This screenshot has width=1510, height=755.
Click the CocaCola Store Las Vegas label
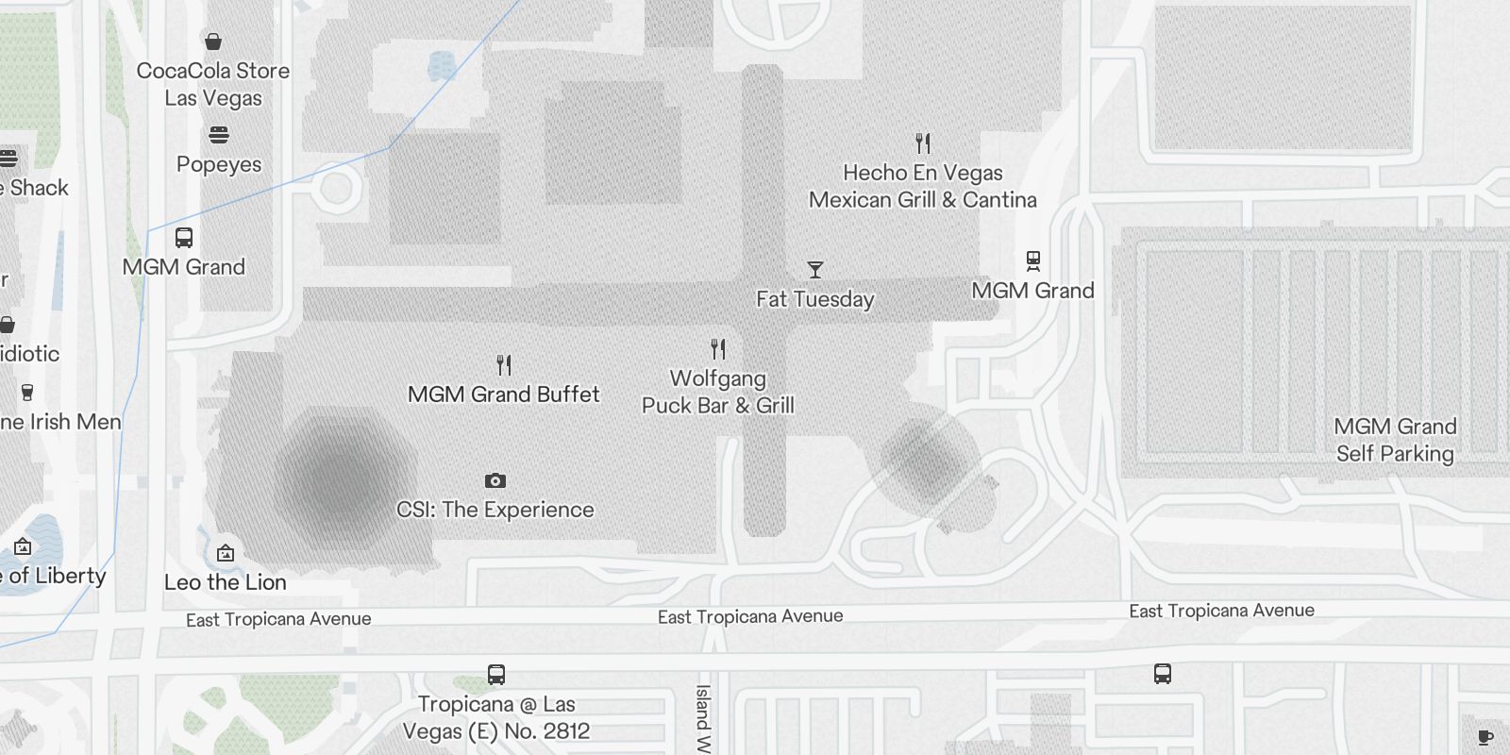(x=213, y=84)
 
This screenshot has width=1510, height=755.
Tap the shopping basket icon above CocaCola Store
(x=213, y=42)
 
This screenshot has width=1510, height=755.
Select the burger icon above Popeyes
(x=219, y=135)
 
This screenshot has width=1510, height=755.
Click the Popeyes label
(x=219, y=164)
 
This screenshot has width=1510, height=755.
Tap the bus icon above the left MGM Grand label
(x=184, y=238)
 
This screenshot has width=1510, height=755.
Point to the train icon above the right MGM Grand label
(x=1033, y=260)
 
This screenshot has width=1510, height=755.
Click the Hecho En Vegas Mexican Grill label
(x=923, y=186)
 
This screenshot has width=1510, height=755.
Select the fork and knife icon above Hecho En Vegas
(x=923, y=143)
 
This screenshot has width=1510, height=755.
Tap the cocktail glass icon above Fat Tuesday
(x=815, y=270)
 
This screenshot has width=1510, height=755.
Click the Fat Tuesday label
(x=815, y=299)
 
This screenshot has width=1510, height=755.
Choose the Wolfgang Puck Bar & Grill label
(x=718, y=392)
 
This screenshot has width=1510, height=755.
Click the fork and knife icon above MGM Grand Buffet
(x=504, y=365)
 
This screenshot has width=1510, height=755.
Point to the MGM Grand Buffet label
(x=504, y=394)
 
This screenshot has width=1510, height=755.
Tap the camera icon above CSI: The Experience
(x=495, y=481)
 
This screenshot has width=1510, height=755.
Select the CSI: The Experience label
(x=495, y=510)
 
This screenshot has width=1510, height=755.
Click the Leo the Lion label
(x=226, y=582)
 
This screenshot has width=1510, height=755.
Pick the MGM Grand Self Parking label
(x=1395, y=440)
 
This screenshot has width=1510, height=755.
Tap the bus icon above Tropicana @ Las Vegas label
(x=496, y=675)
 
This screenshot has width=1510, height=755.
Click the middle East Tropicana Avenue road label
(x=750, y=616)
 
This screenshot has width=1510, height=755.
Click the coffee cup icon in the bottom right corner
(x=1485, y=737)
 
